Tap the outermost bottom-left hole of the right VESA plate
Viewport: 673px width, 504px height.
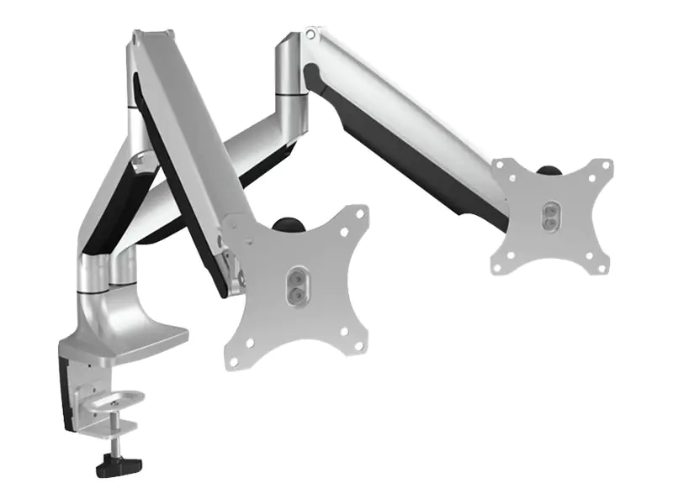(497, 269)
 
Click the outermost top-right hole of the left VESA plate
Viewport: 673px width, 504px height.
(360, 213)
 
